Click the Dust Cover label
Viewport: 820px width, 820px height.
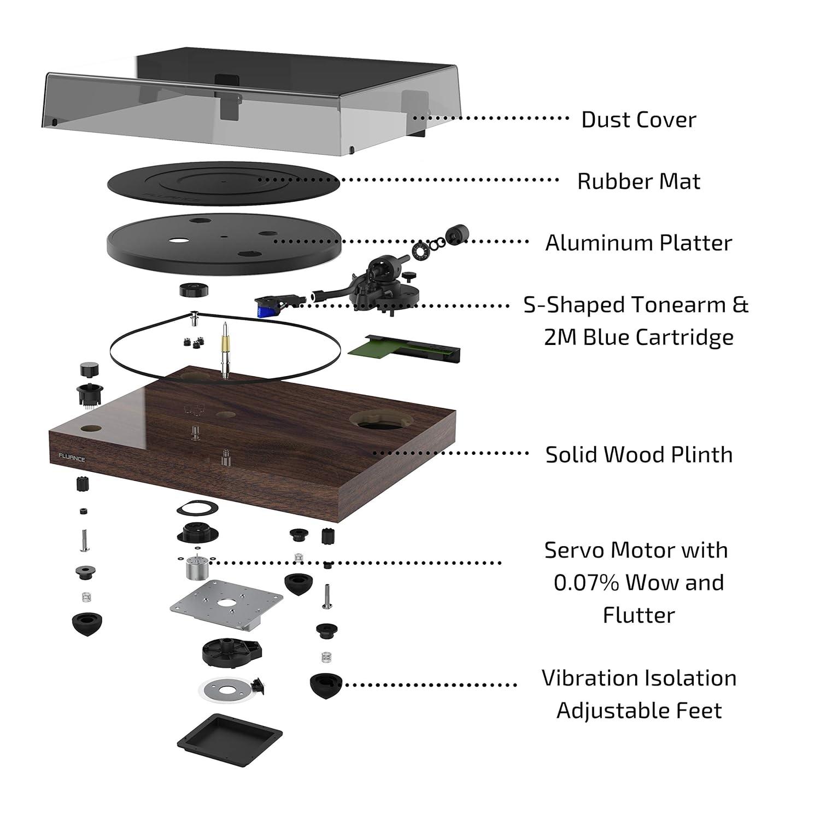[x=638, y=120]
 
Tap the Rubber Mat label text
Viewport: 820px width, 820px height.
[x=638, y=181]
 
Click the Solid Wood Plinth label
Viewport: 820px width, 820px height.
[x=639, y=455]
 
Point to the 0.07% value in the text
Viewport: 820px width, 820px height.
[x=585, y=583]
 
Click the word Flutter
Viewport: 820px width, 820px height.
[x=639, y=616]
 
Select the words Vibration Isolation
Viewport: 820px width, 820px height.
[x=639, y=678]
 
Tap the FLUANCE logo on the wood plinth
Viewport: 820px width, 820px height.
[x=72, y=459]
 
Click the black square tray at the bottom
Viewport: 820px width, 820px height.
[x=230, y=735]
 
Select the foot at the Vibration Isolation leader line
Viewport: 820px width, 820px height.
[x=325, y=685]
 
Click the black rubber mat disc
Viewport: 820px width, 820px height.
[x=223, y=183]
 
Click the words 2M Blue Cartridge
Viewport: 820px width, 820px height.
[x=639, y=337]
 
